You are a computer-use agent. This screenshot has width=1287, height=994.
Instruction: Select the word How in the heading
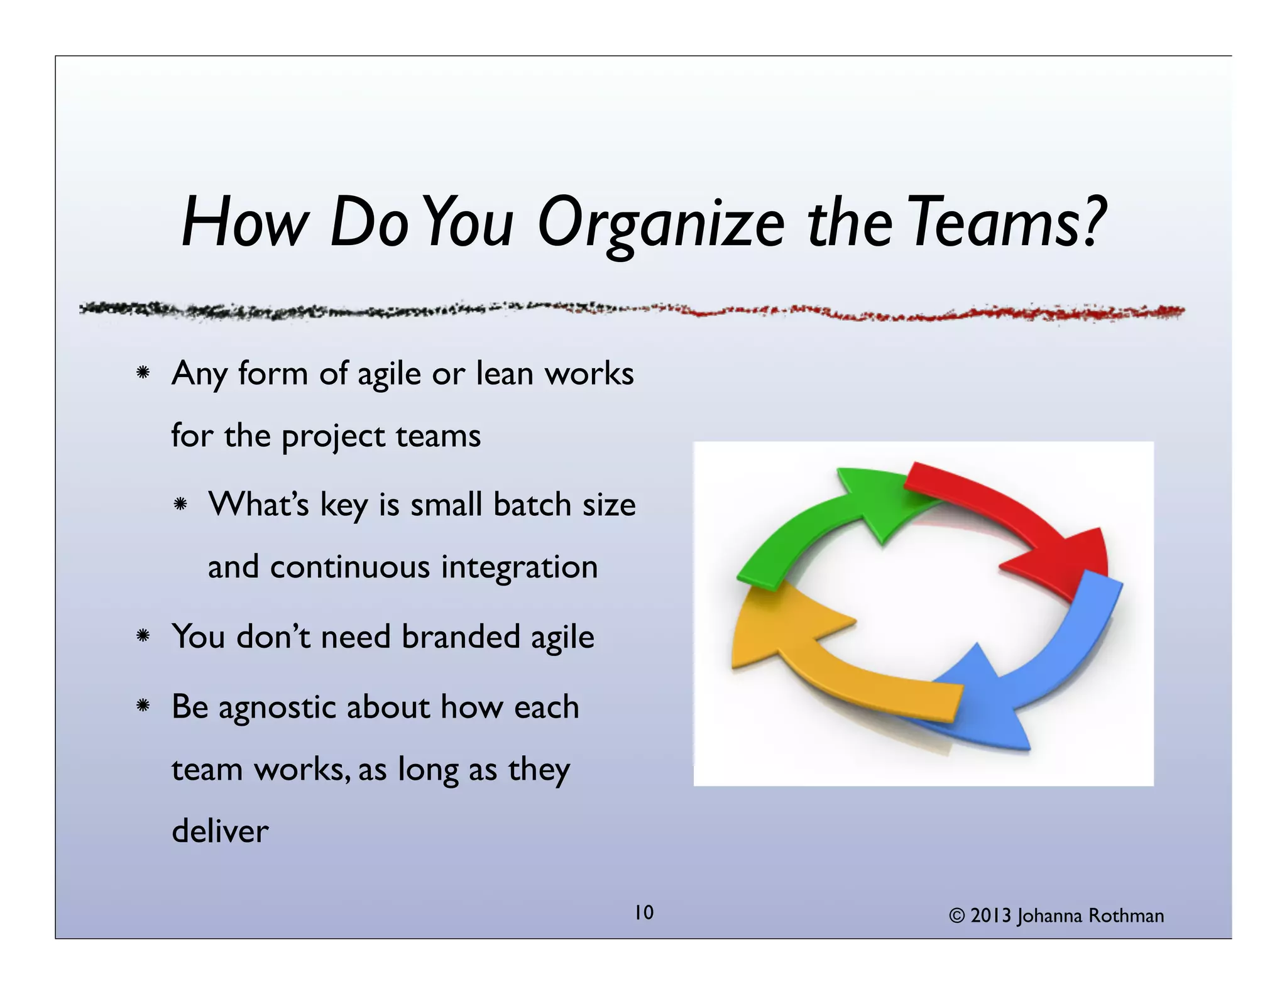click(x=245, y=223)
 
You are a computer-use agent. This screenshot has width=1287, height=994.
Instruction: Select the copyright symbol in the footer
click(x=956, y=916)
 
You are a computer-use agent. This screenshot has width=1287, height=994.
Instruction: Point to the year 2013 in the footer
click(x=990, y=916)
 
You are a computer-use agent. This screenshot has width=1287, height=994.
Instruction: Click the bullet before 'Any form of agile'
click(x=143, y=373)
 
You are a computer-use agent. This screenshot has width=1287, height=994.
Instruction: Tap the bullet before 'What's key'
click(x=180, y=504)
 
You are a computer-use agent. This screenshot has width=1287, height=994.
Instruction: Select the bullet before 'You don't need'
click(x=143, y=636)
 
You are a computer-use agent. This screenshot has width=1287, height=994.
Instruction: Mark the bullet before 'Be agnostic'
click(x=143, y=706)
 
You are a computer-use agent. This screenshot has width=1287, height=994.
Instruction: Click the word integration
click(x=519, y=567)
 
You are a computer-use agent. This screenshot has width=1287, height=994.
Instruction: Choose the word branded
click(x=461, y=636)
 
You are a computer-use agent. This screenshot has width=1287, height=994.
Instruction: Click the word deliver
click(x=220, y=831)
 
